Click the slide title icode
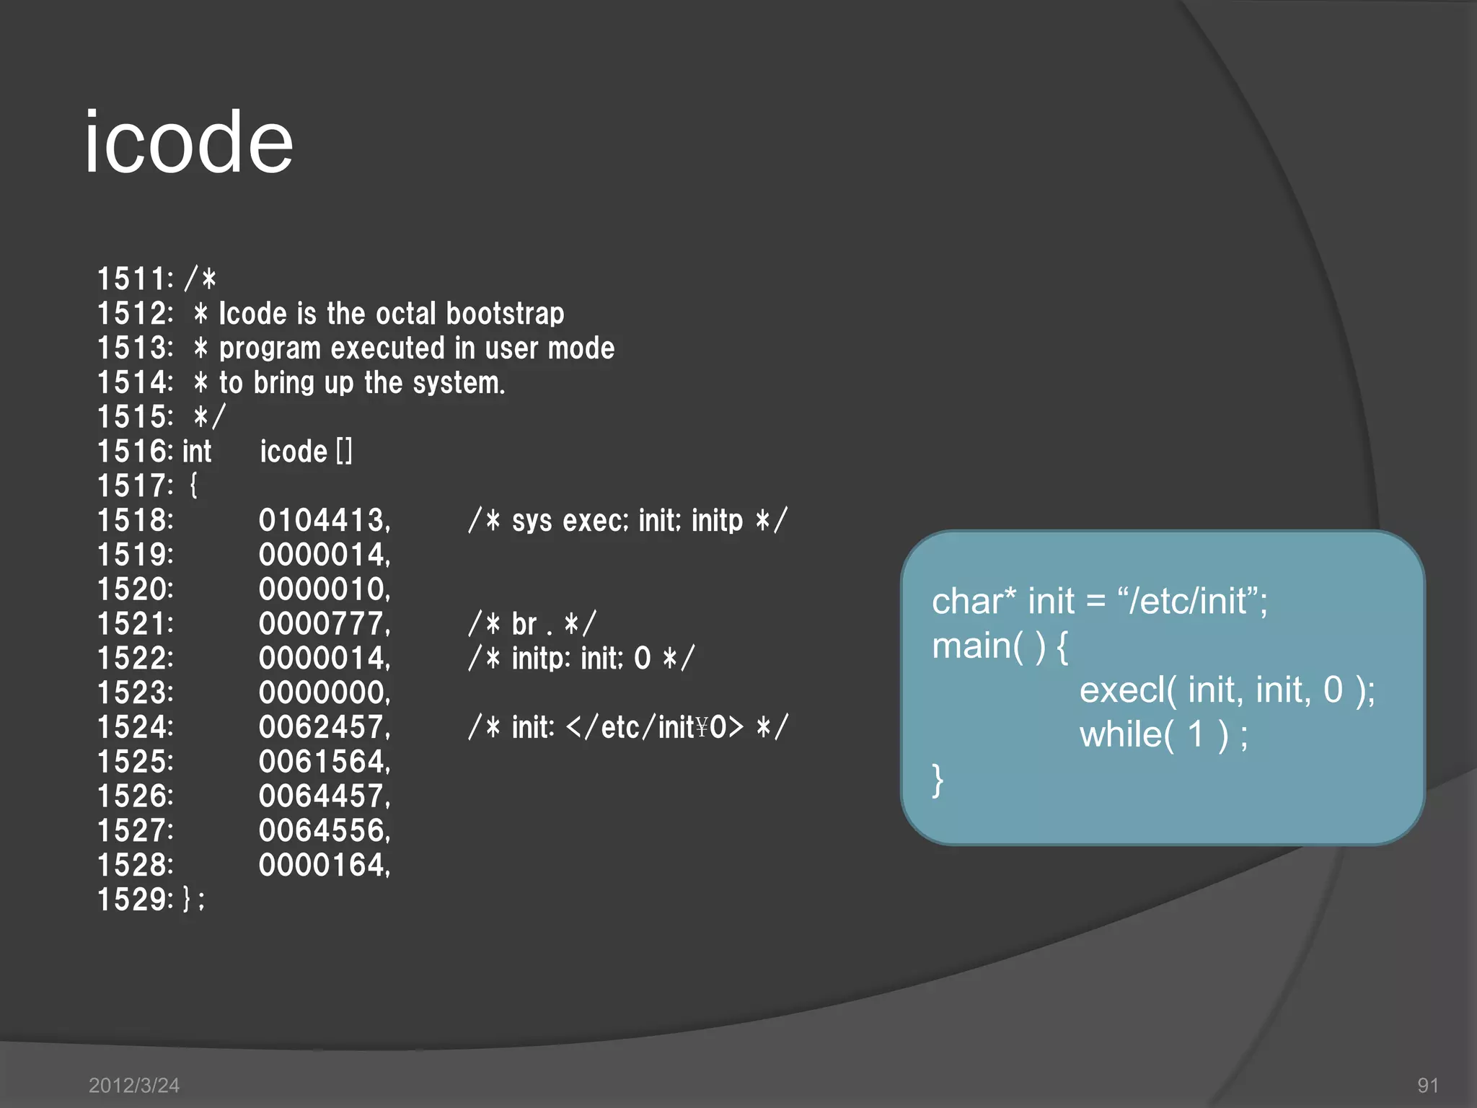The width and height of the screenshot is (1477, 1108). click(189, 142)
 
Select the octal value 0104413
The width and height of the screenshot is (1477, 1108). click(323, 521)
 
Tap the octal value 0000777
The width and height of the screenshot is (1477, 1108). click(323, 624)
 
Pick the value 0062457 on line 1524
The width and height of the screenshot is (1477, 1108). click(323, 727)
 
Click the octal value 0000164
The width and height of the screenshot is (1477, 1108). click(323, 865)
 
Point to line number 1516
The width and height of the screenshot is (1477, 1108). click(134, 452)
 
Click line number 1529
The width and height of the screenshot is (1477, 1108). click(134, 900)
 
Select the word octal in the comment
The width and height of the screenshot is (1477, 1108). click(406, 314)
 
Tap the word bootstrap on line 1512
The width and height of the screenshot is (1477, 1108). click(505, 314)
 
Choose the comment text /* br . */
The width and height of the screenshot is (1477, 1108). click(532, 624)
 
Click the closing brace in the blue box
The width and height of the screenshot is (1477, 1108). click(938, 781)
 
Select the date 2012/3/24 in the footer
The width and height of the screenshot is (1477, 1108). click(134, 1085)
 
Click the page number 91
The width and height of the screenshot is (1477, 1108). click(1428, 1085)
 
